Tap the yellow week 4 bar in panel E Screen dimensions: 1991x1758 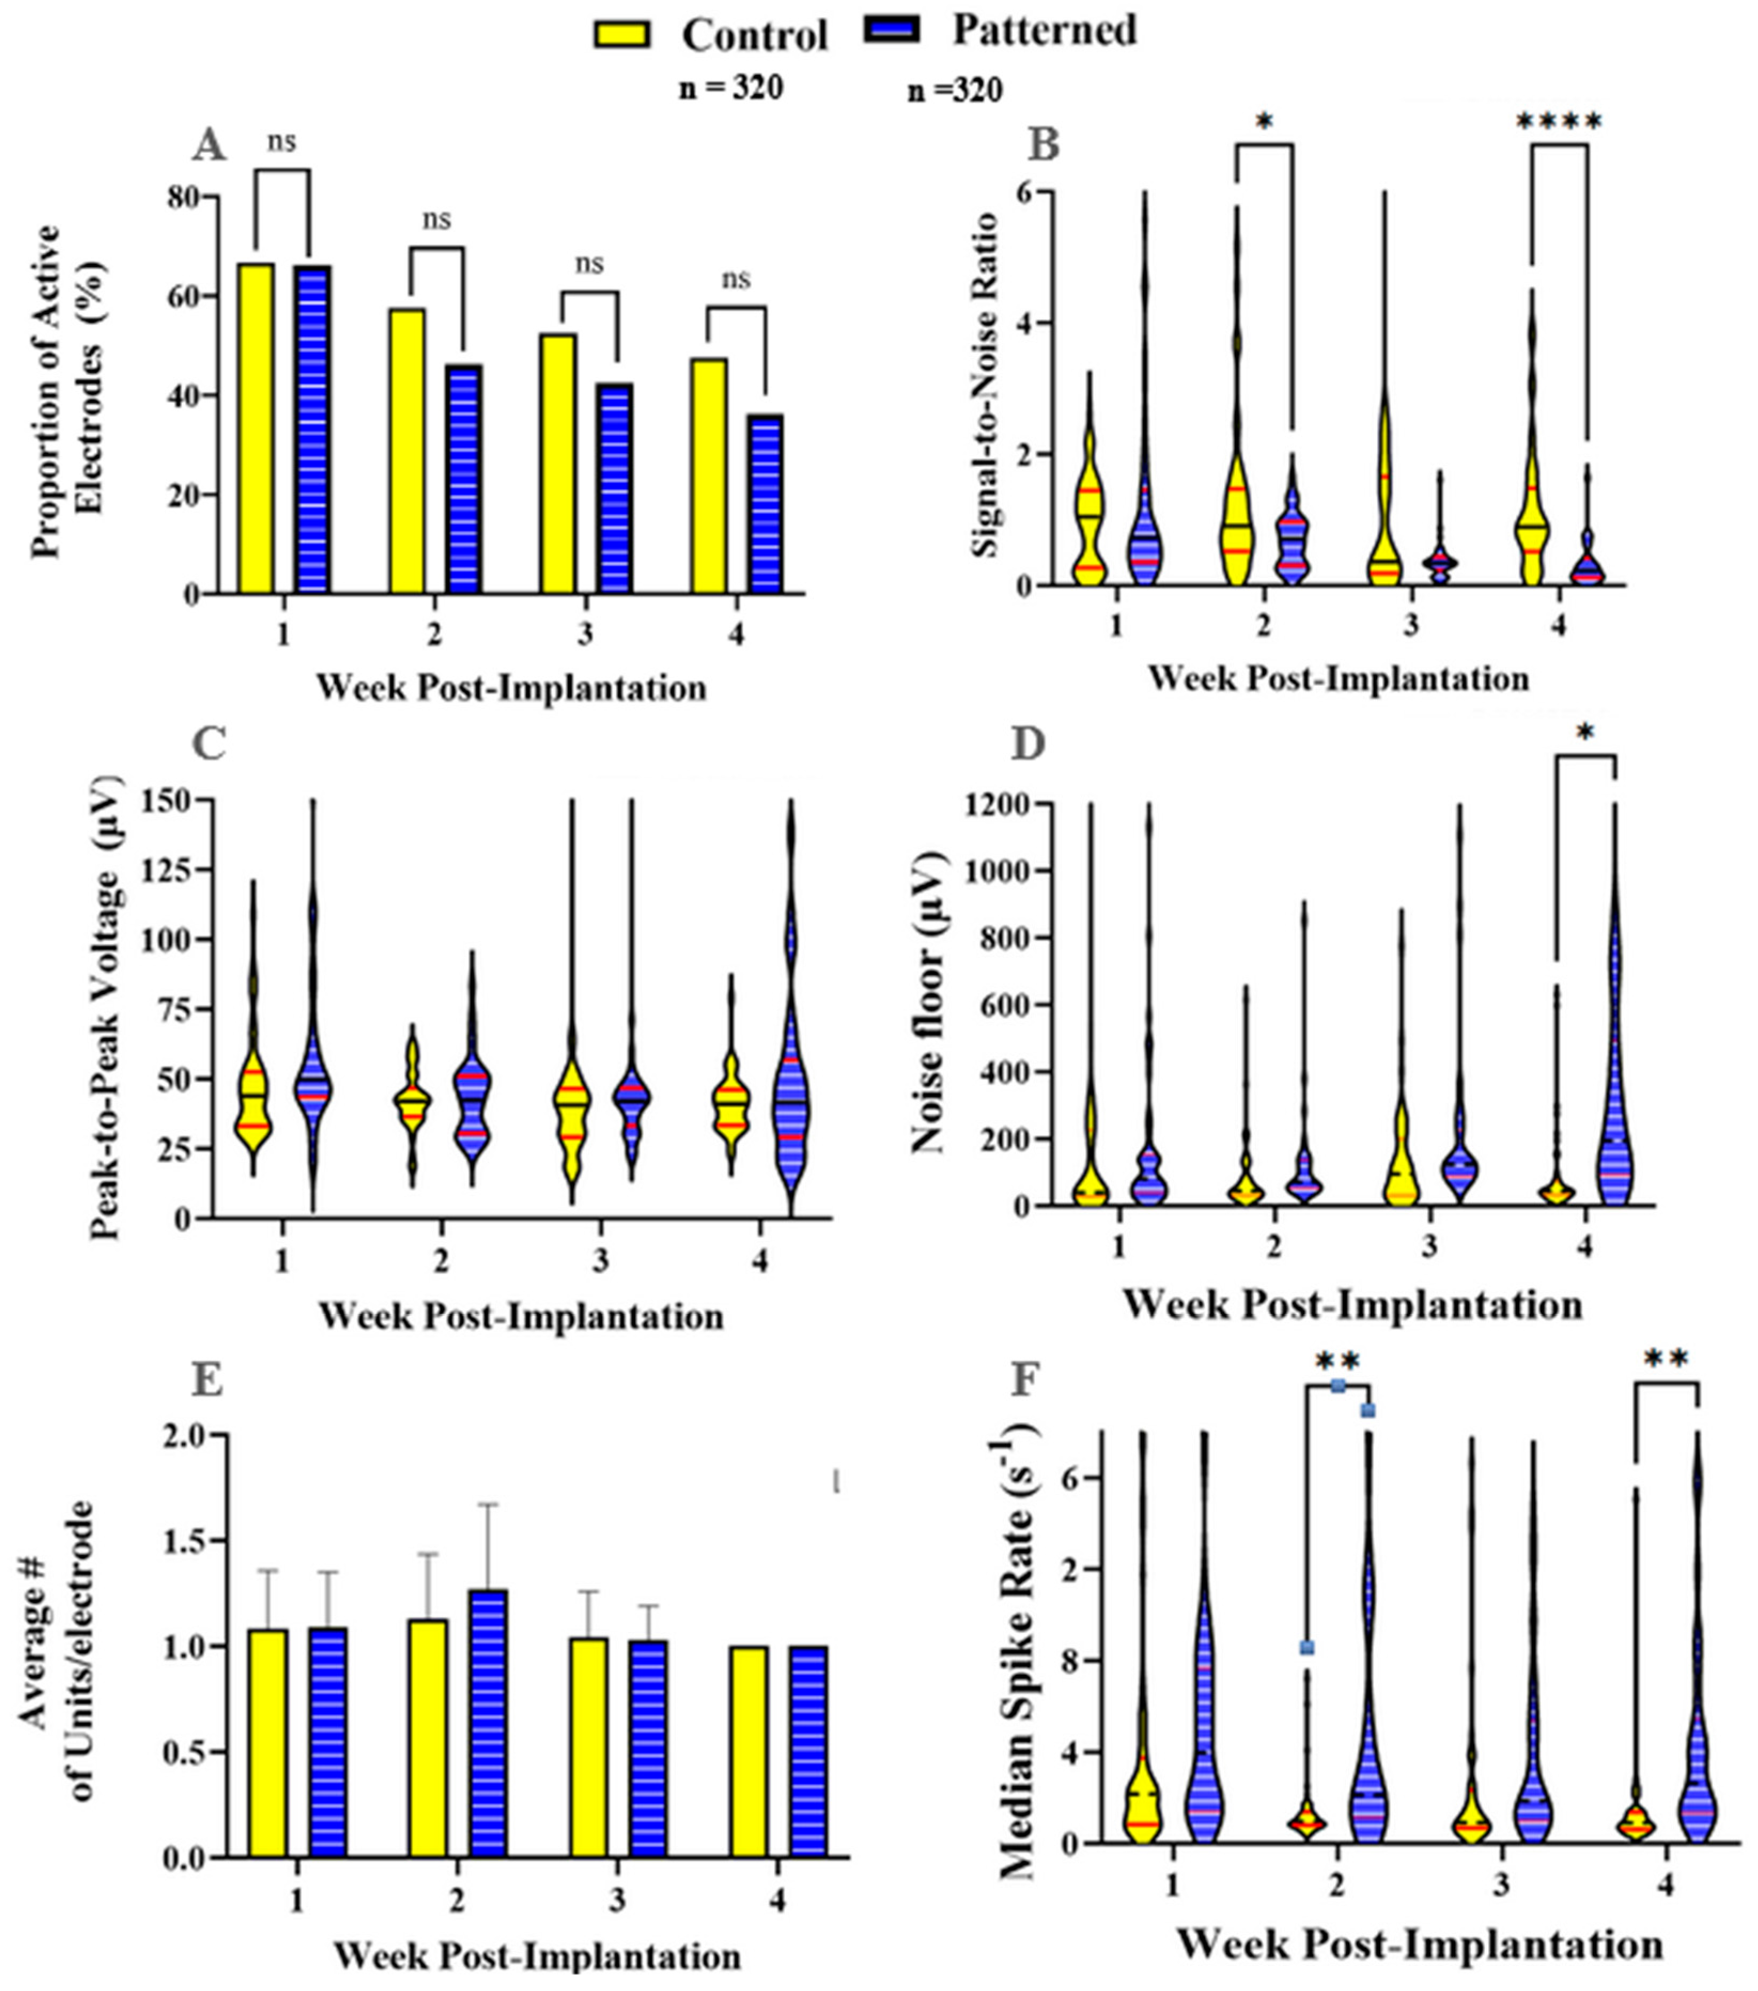click(x=748, y=1751)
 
